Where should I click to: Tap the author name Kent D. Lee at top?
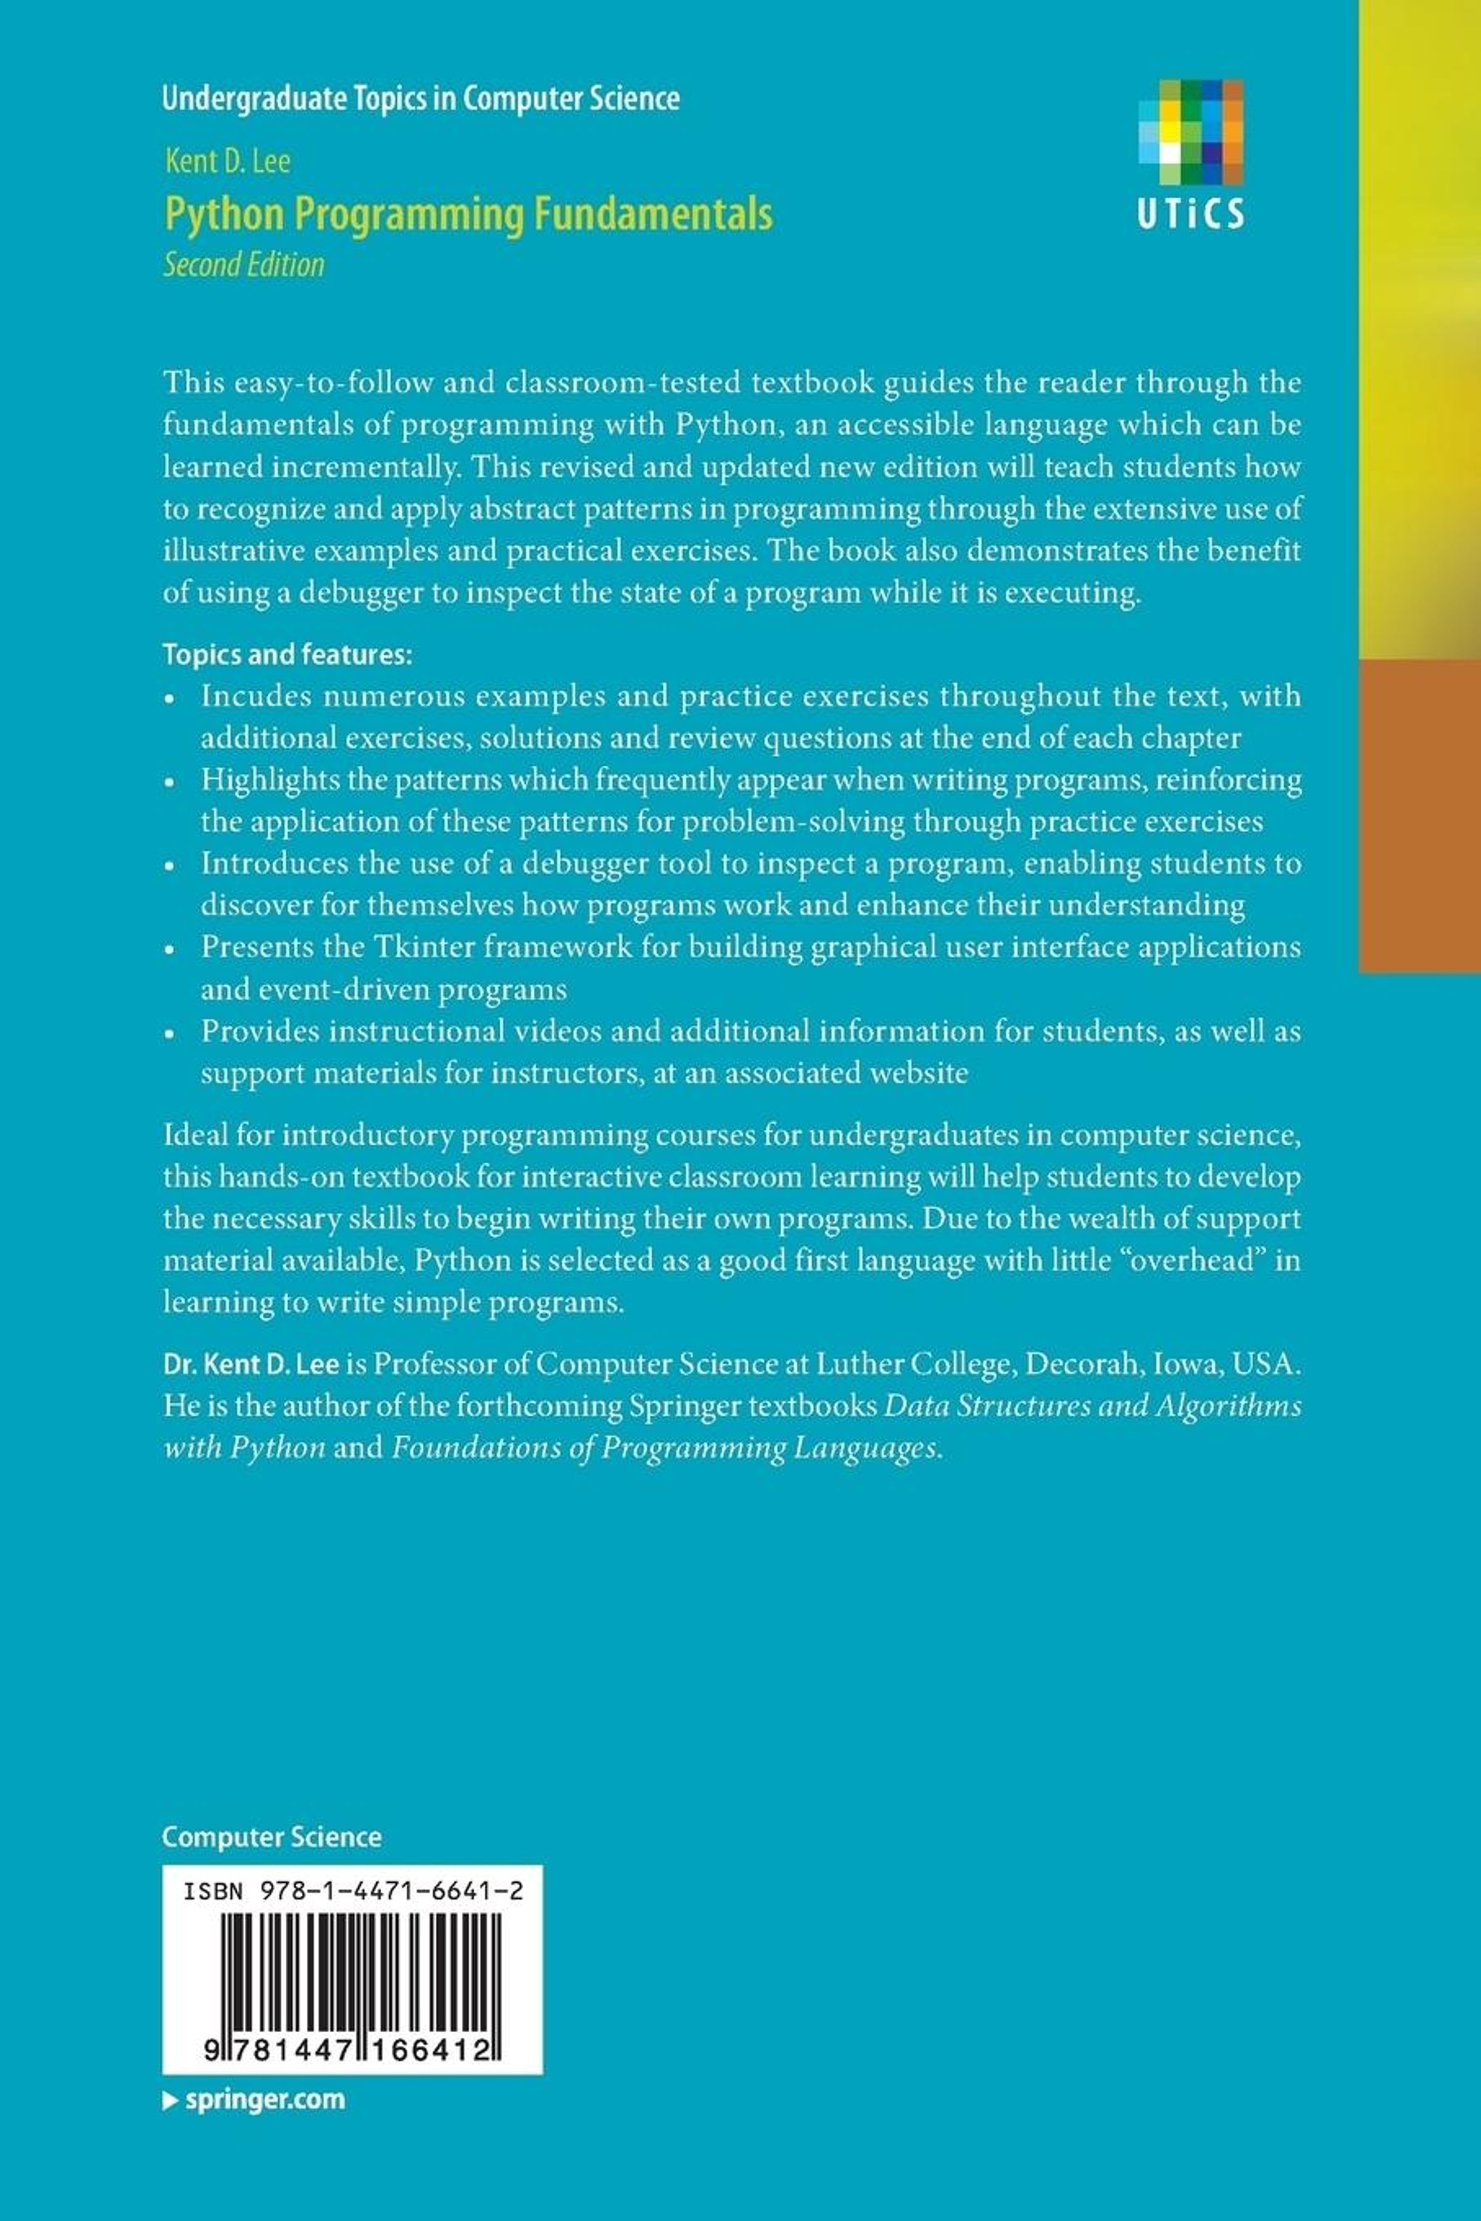click(228, 162)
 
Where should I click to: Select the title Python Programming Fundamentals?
click(468, 214)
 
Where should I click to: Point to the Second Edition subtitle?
click(244, 264)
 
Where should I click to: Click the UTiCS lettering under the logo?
click(1190, 214)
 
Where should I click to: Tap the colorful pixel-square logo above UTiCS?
click(1190, 132)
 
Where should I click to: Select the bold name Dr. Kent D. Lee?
click(251, 1364)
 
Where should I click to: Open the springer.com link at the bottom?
click(255, 2100)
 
